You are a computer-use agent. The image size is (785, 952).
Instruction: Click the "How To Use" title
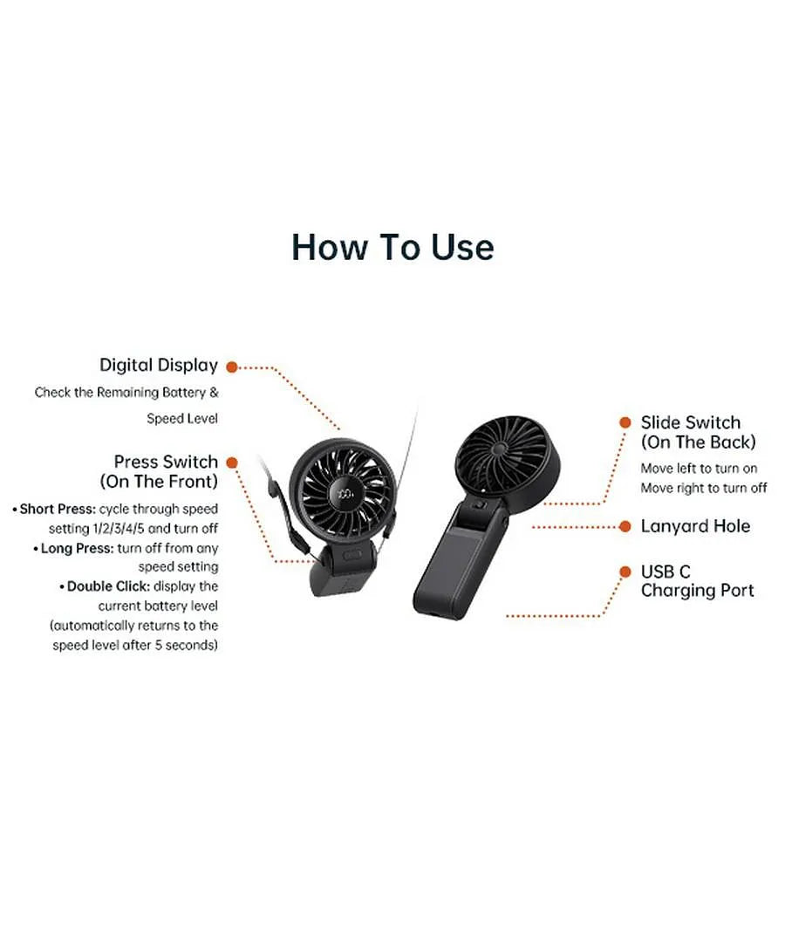point(392,247)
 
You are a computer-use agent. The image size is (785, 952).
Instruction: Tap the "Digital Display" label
point(159,365)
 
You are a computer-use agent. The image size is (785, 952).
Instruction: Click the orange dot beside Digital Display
point(231,366)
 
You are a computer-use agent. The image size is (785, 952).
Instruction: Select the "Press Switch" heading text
point(166,462)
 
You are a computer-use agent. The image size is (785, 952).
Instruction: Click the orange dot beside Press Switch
point(231,462)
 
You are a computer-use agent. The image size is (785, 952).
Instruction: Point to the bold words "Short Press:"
point(58,509)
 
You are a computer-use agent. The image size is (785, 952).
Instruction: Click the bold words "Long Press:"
point(77,548)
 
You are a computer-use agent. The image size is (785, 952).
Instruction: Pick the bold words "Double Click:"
point(109,586)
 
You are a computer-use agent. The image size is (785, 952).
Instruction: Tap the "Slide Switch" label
point(690,422)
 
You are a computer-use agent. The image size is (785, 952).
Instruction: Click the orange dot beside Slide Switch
point(625,422)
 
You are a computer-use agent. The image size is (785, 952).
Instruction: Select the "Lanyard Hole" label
point(695,526)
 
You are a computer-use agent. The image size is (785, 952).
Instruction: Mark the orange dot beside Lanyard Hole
point(625,526)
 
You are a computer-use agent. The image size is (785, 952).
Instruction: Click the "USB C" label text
point(666,572)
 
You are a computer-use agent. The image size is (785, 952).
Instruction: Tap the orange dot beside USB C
point(625,572)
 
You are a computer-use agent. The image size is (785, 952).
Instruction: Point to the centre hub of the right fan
point(499,449)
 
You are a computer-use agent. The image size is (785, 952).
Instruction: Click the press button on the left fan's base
point(352,556)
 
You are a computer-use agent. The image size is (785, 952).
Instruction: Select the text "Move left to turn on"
point(699,469)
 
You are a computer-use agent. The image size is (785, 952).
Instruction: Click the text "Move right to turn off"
point(704,488)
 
